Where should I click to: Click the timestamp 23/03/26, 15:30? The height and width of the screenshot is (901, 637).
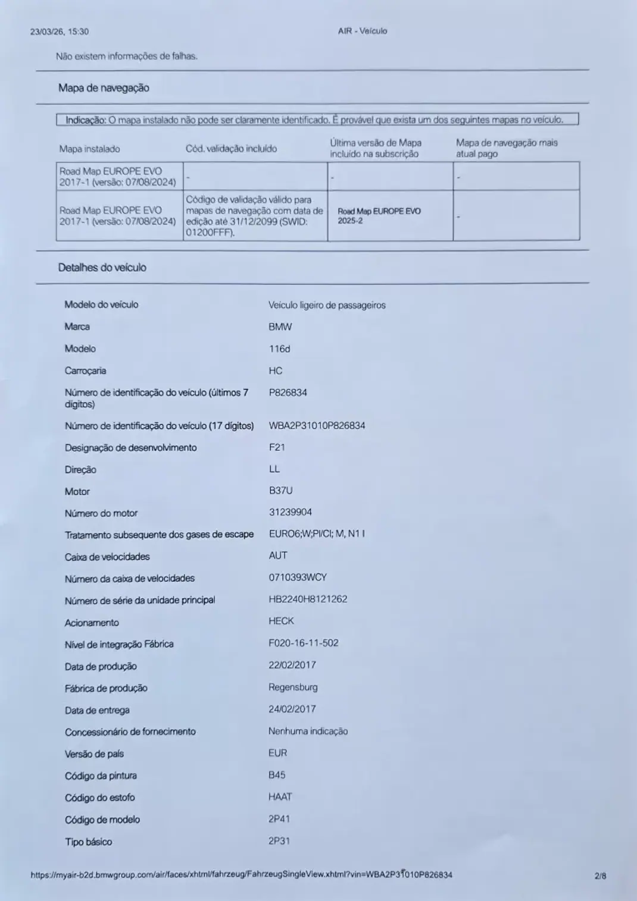59,32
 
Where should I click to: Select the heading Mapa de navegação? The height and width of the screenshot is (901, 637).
104,88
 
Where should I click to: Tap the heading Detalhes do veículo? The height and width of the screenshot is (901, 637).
102,268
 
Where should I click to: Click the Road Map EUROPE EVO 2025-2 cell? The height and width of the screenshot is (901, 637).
379,216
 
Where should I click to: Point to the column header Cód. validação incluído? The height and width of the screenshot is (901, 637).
231,149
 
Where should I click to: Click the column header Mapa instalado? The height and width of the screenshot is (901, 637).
89,149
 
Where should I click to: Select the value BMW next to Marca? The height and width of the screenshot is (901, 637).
280,327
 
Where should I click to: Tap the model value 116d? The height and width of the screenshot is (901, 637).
279,349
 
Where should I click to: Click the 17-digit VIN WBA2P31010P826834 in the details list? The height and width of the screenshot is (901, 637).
317,425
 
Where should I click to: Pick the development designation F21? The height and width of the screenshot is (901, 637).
277,447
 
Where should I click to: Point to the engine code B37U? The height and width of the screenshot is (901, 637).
280,491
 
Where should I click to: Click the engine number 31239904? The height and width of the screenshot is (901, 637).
290,512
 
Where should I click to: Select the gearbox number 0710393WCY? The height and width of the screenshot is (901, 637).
298,577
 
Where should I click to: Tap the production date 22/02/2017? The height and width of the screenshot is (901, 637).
292,665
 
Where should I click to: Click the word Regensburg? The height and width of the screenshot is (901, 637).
293,687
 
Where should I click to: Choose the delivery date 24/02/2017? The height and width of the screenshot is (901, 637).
292,709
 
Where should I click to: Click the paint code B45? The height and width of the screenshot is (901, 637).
277,775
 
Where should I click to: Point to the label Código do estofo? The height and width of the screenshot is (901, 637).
100,798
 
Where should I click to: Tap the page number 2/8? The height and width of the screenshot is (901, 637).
600,875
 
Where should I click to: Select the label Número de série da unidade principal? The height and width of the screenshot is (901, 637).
140,600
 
